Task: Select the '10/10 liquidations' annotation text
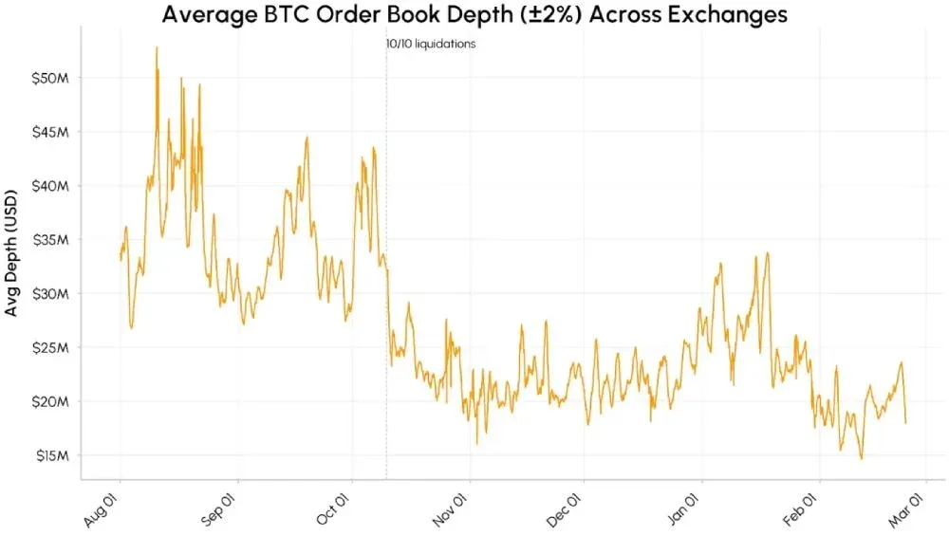[x=424, y=44]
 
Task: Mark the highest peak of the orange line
[x=157, y=47]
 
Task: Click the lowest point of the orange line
[x=862, y=458]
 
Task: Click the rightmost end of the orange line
[x=905, y=422]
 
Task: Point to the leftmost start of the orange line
[x=121, y=258]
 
